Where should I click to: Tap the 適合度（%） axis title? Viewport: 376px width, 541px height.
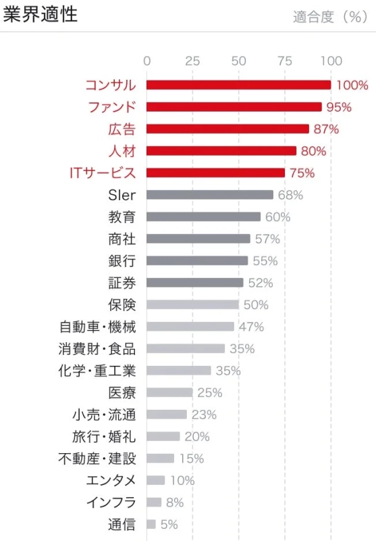tap(330, 18)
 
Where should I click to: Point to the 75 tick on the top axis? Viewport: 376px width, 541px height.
tap(285, 61)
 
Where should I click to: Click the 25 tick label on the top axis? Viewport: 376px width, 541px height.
tap(192, 61)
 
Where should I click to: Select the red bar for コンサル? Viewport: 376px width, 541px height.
tap(238, 85)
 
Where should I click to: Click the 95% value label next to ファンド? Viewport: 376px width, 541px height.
tap(339, 107)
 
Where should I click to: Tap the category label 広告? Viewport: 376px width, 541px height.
tap(122, 129)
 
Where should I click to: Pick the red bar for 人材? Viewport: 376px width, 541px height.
tap(221, 151)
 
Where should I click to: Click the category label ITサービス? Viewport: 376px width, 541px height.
tap(103, 173)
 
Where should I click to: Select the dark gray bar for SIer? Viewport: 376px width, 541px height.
tap(210, 195)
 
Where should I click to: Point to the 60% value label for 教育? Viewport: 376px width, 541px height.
tap(277, 217)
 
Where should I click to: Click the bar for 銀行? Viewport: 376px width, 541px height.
tap(197, 261)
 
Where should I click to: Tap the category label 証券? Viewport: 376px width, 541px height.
tap(122, 283)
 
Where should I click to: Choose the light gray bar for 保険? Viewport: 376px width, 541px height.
tap(192, 305)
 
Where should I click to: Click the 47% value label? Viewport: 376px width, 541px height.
tap(251, 327)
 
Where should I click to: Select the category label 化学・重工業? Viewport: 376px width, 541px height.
tap(97, 371)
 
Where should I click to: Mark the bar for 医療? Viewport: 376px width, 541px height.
tap(169, 393)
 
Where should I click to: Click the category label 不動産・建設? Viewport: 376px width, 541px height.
tap(97, 458)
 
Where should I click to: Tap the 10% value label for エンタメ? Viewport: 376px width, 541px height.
tap(182, 481)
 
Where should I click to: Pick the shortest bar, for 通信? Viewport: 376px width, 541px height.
tap(151, 524)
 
